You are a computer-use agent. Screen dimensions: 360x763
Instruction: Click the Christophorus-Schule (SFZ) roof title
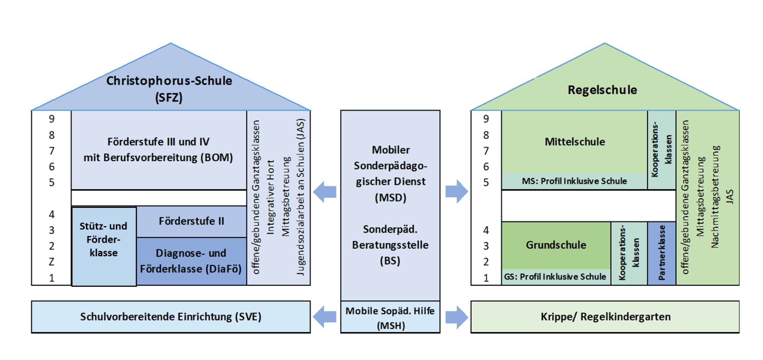[x=169, y=89]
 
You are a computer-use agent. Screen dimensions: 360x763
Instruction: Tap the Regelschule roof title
[x=602, y=90]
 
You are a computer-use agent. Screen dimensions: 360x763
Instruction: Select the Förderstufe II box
[x=191, y=221]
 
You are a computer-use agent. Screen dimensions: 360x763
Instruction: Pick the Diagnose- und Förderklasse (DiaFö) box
[x=191, y=261]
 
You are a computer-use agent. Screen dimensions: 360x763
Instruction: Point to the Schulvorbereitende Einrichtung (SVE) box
[x=171, y=317]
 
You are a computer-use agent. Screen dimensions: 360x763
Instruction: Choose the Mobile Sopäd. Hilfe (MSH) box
[x=390, y=317]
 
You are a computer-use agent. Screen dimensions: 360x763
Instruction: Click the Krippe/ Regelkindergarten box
[x=605, y=317]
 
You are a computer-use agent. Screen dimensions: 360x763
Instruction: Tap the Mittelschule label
[x=575, y=142]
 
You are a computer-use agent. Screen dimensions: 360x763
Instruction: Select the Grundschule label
[x=556, y=245]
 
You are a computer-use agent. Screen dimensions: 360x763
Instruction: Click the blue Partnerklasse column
[x=662, y=253]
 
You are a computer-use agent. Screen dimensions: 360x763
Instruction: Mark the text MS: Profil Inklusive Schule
[x=574, y=181]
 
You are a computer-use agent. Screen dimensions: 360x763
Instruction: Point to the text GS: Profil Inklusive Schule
[x=555, y=277]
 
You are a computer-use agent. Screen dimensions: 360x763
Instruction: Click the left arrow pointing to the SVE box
[x=325, y=317]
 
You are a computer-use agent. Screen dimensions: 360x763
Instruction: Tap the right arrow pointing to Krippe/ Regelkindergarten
[x=457, y=317]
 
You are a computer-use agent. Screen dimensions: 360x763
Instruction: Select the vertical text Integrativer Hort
[x=271, y=197]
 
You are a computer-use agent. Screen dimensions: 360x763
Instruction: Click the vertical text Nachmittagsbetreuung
[x=715, y=197]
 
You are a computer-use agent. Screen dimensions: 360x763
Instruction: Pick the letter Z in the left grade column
[x=52, y=262]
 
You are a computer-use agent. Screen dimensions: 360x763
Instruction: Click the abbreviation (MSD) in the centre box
[x=390, y=197]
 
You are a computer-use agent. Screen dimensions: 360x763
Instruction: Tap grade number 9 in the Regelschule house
[x=486, y=119]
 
